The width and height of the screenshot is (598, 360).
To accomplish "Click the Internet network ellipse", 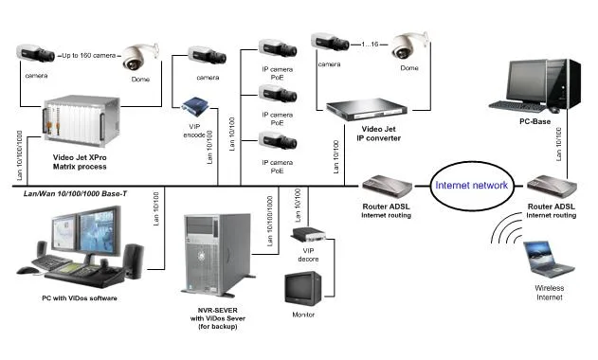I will (x=472, y=186).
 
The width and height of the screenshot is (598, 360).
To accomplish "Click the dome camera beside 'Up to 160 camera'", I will (x=142, y=58).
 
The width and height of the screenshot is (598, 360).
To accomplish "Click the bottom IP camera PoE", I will (x=278, y=143).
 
